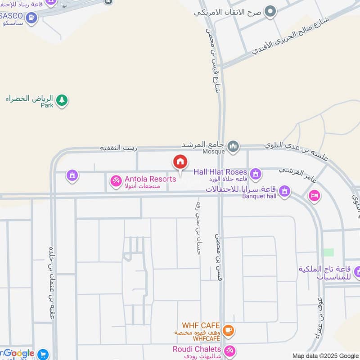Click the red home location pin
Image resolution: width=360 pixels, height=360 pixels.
(x=180, y=162)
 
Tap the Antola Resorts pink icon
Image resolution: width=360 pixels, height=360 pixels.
(x=116, y=181)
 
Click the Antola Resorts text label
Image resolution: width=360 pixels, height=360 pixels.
(x=150, y=179)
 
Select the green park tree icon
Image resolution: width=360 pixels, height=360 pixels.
(x=62, y=100)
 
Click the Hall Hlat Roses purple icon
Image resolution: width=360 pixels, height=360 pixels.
(x=256, y=173)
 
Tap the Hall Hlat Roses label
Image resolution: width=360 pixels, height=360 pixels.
(x=220, y=172)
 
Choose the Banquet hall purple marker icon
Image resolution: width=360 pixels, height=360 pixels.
(x=284, y=192)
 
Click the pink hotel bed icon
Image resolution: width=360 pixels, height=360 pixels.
(x=314, y=196)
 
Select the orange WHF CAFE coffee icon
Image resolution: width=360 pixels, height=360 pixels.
(x=229, y=331)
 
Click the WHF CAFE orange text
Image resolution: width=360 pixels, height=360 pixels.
(x=201, y=325)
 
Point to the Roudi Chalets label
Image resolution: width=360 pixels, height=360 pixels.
(x=197, y=349)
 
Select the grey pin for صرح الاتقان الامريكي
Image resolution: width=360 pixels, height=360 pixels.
(x=270, y=11)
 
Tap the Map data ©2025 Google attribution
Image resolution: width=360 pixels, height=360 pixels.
(x=324, y=355)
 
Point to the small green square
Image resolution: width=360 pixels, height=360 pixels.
(x=329, y=252)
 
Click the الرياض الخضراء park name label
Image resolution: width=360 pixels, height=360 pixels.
(x=30, y=99)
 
